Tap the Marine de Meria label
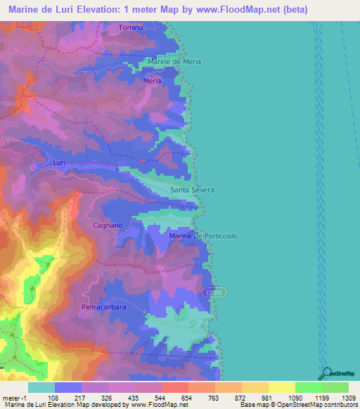point(174,62)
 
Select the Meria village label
point(152,81)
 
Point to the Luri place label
point(59,162)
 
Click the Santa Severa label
point(192,190)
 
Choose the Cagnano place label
point(108,226)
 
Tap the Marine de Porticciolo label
point(199,236)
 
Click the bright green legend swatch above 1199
point(308,387)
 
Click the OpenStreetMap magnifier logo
point(328,374)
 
